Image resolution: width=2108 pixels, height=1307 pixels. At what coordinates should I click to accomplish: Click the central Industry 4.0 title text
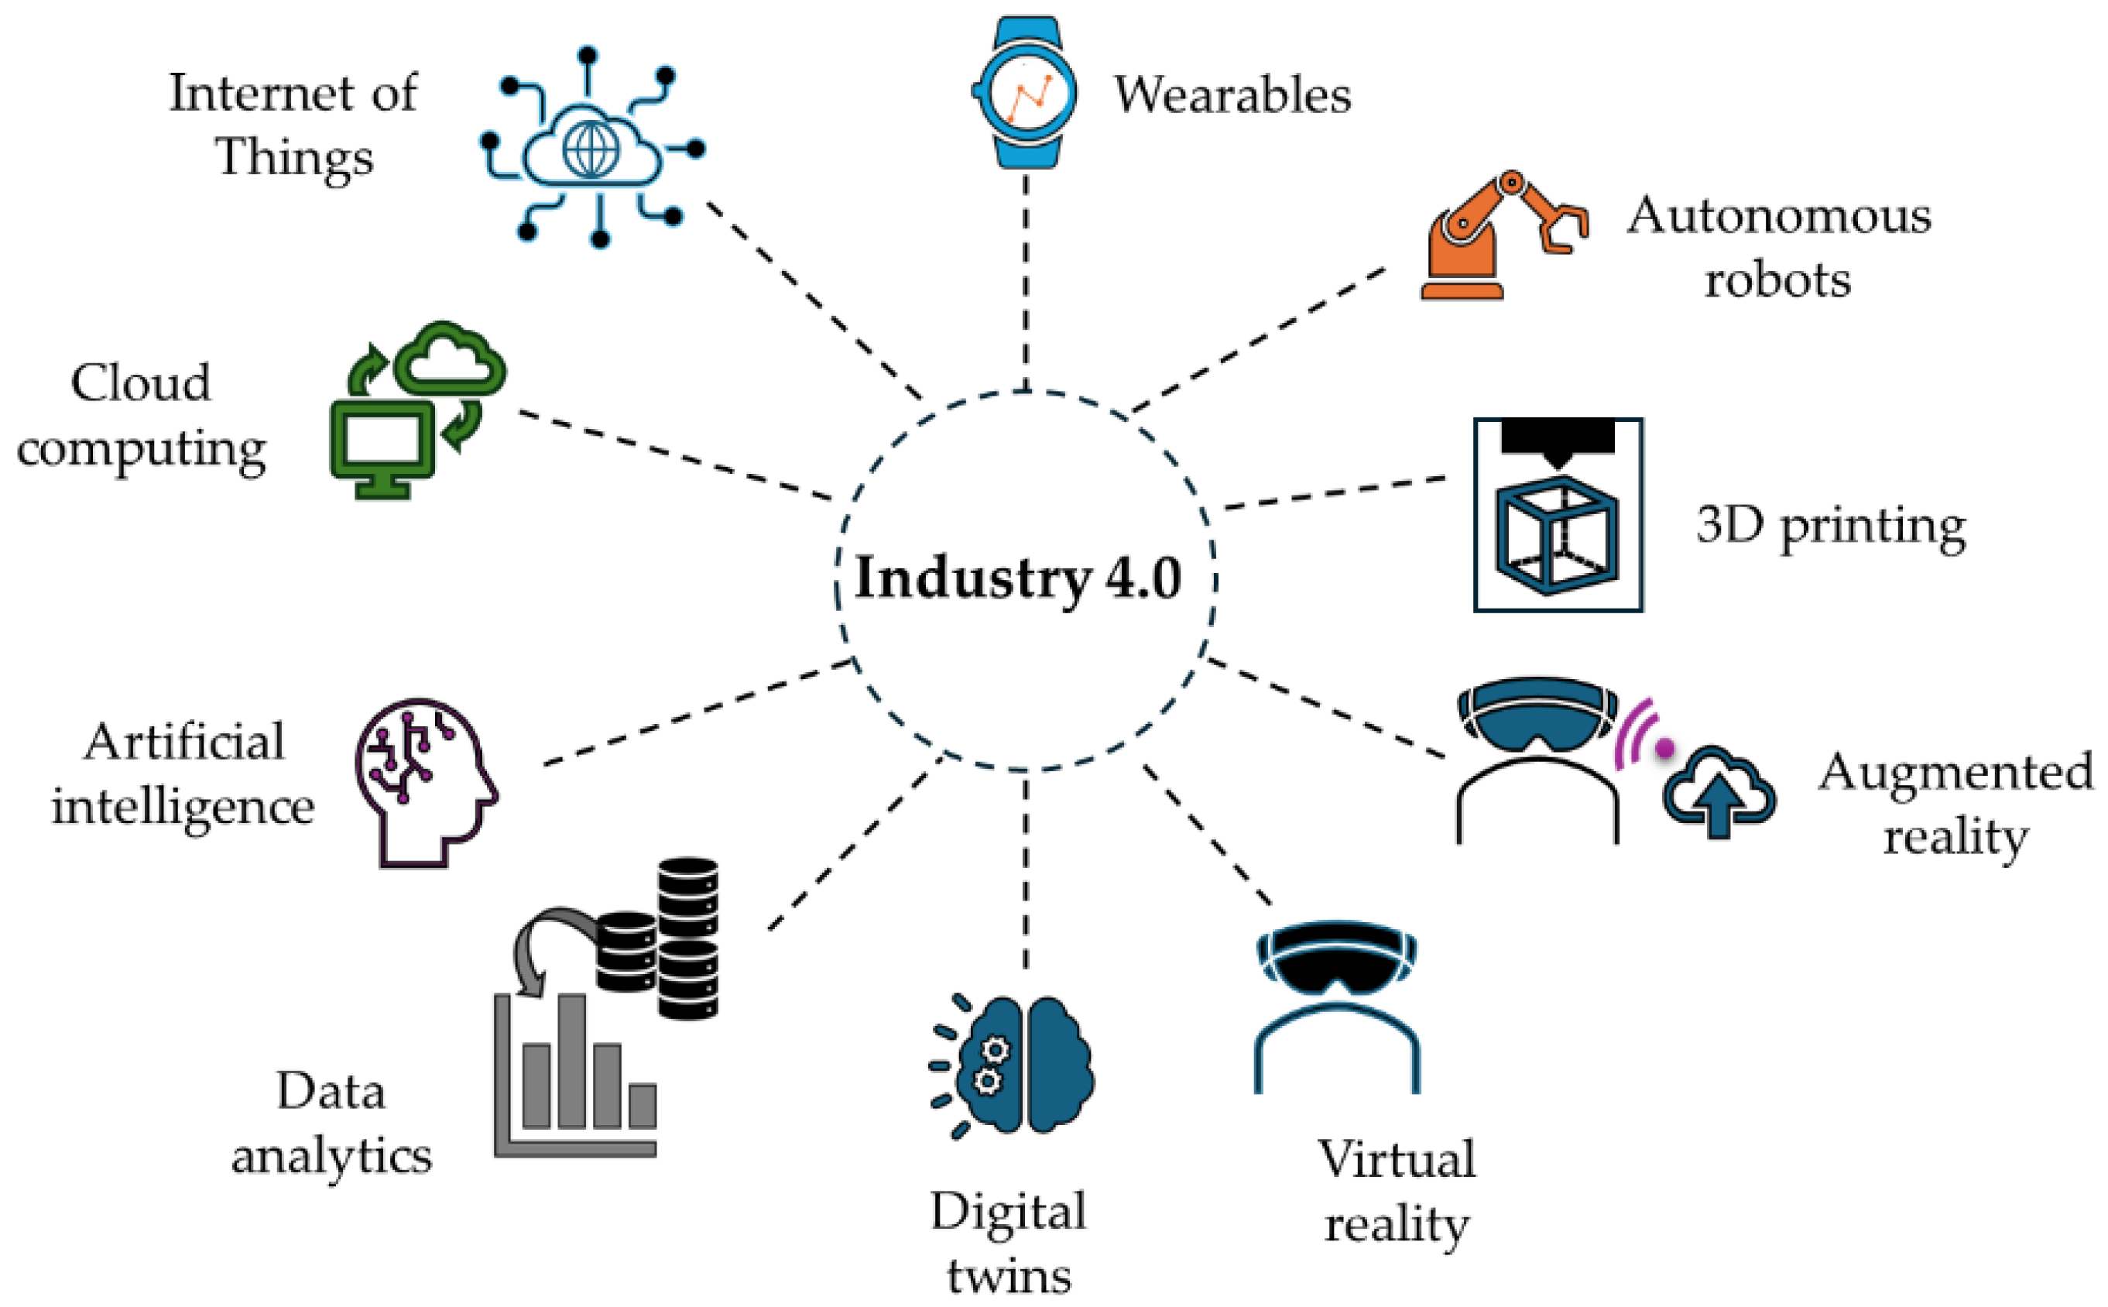pyautogui.click(x=1017, y=578)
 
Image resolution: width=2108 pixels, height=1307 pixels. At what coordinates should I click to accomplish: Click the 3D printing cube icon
pyautogui.click(x=1557, y=536)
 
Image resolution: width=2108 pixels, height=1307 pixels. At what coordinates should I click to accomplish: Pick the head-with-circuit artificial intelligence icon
pyautogui.click(x=423, y=781)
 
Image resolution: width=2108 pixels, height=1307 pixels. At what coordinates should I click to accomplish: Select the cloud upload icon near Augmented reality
pyautogui.click(x=1718, y=792)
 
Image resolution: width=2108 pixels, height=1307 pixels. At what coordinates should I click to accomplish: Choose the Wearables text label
pyautogui.click(x=1232, y=95)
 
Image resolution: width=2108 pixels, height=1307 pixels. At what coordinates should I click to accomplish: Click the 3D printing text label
pyautogui.click(x=1830, y=527)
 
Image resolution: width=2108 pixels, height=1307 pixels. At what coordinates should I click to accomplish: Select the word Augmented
pyautogui.click(x=1955, y=772)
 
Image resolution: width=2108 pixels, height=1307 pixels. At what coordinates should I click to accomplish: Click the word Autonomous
pyautogui.click(x=1778, y=215)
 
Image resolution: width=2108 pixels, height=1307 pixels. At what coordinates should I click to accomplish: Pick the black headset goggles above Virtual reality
pyautogui.click(x=1335, y=959)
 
